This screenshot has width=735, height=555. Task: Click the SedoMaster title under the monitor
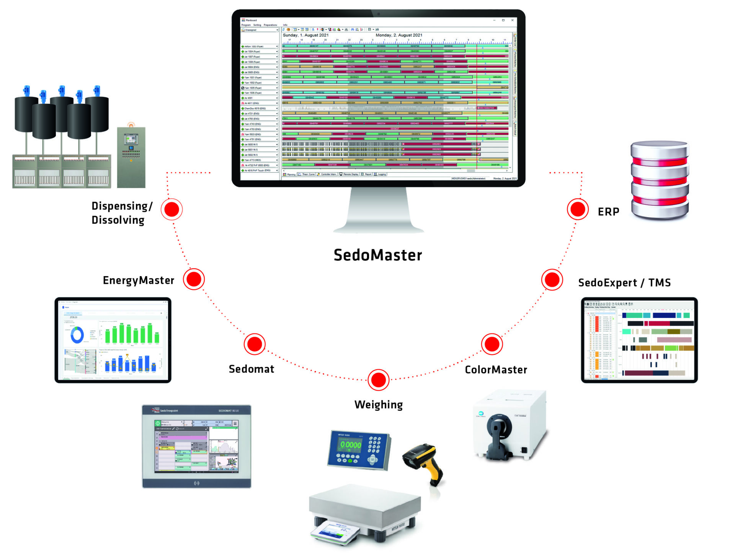pyautogui.click(x=377, y=255)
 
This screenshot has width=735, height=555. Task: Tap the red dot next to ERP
pyautogui.click(x=577, y=209)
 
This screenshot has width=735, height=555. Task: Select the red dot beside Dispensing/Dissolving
pyautogui.click(x=171, y=209)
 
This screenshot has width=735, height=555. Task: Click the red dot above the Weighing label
pyautogui.click(x=378, y=380)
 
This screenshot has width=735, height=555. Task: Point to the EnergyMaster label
pyautogui.click(x=138, y=280)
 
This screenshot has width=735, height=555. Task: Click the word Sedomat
pyautogui.click(x=252, y=369)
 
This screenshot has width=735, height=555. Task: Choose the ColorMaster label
pyautogui.click(x=496, y=370)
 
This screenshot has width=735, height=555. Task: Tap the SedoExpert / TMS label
pyautogui.click(x=624, y=283)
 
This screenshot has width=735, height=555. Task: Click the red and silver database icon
pyautogui.click(x=659, y=180)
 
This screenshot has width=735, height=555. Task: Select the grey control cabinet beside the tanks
pyautogui.click(x=131, y=157)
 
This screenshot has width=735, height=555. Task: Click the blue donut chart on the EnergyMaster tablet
pyautogui.click(x=77, y=335)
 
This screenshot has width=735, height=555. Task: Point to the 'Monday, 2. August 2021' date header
pyautogui.click(x=399, y=35)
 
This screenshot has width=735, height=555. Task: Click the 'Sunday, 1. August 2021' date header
pyautogui.click(x=305, y=35)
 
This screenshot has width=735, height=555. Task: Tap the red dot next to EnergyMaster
pyautogui.click(x=194, y=279)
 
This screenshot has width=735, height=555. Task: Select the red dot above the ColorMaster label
pyautogui.click(x=492, y=344)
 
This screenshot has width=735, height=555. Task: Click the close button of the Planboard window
pyautogui.click(x=512, y=20)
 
